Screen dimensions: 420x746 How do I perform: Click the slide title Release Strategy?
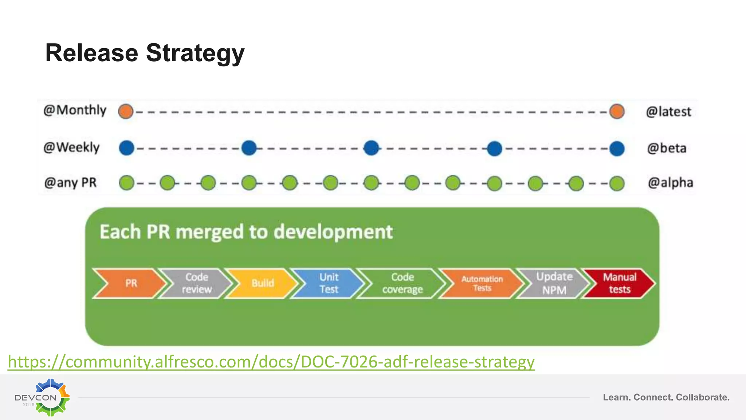145,53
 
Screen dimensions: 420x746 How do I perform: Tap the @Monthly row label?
75,110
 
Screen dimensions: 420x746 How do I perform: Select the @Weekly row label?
71,147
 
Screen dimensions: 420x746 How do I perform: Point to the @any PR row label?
70,182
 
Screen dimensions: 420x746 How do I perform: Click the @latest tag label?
668,112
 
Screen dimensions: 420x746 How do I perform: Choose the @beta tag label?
667,148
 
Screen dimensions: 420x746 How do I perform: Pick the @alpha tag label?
670,182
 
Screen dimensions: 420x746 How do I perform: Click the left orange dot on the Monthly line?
126,111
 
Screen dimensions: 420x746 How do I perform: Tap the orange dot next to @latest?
617,111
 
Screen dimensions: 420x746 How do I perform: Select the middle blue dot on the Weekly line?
371,148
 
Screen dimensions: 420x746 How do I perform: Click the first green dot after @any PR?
126,183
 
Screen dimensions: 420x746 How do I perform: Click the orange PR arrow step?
129,283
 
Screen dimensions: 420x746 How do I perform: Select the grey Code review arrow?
196,283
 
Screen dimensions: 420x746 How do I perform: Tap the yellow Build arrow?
262,283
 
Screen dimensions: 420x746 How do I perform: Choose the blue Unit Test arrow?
328,283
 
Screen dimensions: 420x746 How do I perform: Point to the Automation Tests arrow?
482,283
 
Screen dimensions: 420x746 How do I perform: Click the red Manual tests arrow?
619,283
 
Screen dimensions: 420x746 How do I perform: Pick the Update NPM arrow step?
553,283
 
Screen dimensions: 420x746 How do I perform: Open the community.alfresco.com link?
271,362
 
